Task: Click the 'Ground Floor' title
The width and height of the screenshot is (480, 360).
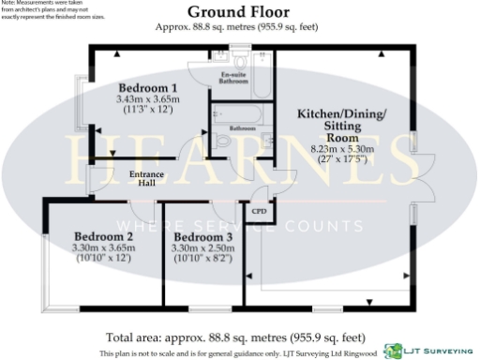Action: [x=239, y=12]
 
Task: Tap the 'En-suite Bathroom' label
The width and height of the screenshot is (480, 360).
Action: [x=234, y=78]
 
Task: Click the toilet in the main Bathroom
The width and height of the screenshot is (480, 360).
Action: [x=221, y=141]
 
